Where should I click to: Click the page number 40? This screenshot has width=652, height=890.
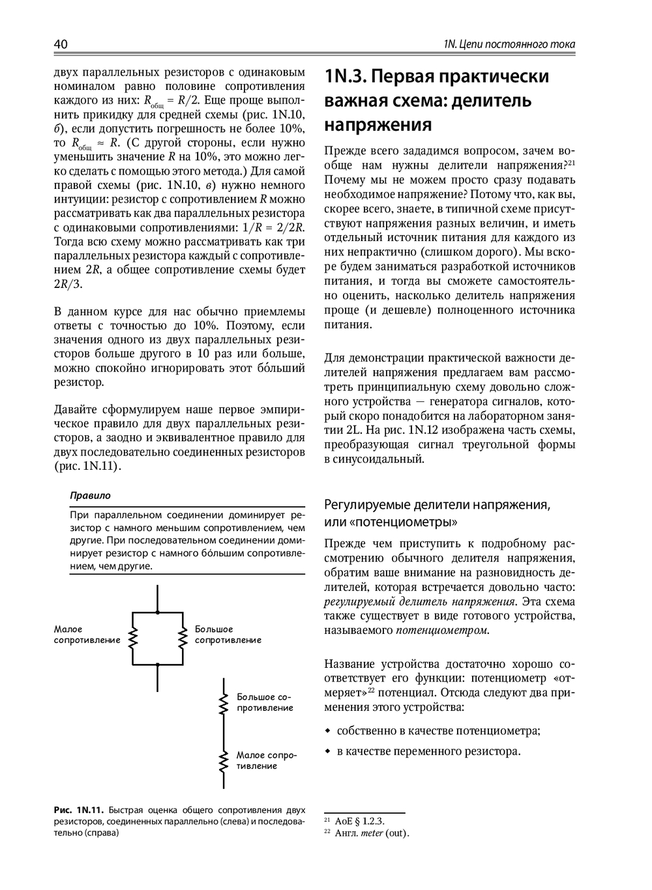(61, 44)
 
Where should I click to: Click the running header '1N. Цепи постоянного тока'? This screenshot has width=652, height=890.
(509, 45)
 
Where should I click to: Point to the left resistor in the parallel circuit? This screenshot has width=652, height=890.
(133, 639)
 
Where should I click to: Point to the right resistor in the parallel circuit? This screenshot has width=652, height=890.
(183, 639)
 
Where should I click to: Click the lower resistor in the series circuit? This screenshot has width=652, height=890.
(224, 760)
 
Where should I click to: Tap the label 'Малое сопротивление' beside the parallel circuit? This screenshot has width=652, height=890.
(87, 635)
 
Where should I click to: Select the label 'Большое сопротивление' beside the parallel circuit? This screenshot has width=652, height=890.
(228, 635)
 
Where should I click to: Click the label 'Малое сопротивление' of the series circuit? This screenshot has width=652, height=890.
(266, 760)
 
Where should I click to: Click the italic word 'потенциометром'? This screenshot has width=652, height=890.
(441, 630)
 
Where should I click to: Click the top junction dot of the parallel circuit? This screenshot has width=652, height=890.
(158, 612)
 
